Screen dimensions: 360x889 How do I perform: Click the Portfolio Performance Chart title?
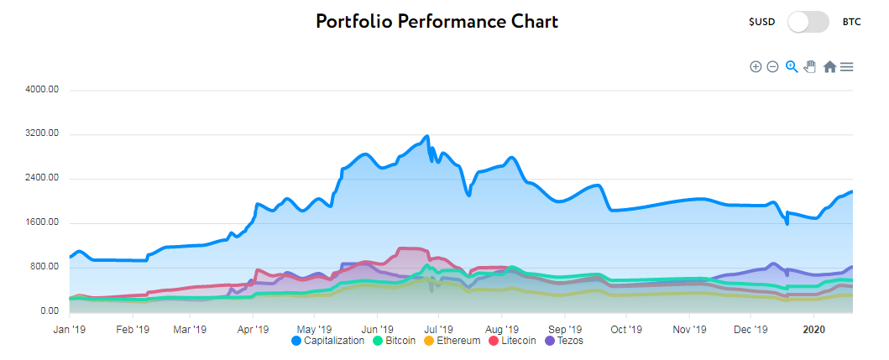437,21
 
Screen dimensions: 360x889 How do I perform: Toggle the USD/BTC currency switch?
808,22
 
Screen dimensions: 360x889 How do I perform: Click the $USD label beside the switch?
762,23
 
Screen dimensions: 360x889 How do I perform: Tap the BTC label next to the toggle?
851,23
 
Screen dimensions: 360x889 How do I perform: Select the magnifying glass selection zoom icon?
791,66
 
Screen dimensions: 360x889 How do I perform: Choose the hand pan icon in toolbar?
809,66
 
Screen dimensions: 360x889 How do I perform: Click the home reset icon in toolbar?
829,66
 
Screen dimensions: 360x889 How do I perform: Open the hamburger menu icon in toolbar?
847,66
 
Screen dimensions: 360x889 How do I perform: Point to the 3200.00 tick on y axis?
41,133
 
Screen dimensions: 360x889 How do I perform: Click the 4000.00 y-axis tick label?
41,90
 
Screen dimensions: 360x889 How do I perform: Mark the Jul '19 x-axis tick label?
437,328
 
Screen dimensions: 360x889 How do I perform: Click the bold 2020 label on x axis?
813,328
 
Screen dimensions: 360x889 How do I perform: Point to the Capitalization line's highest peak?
427,136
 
